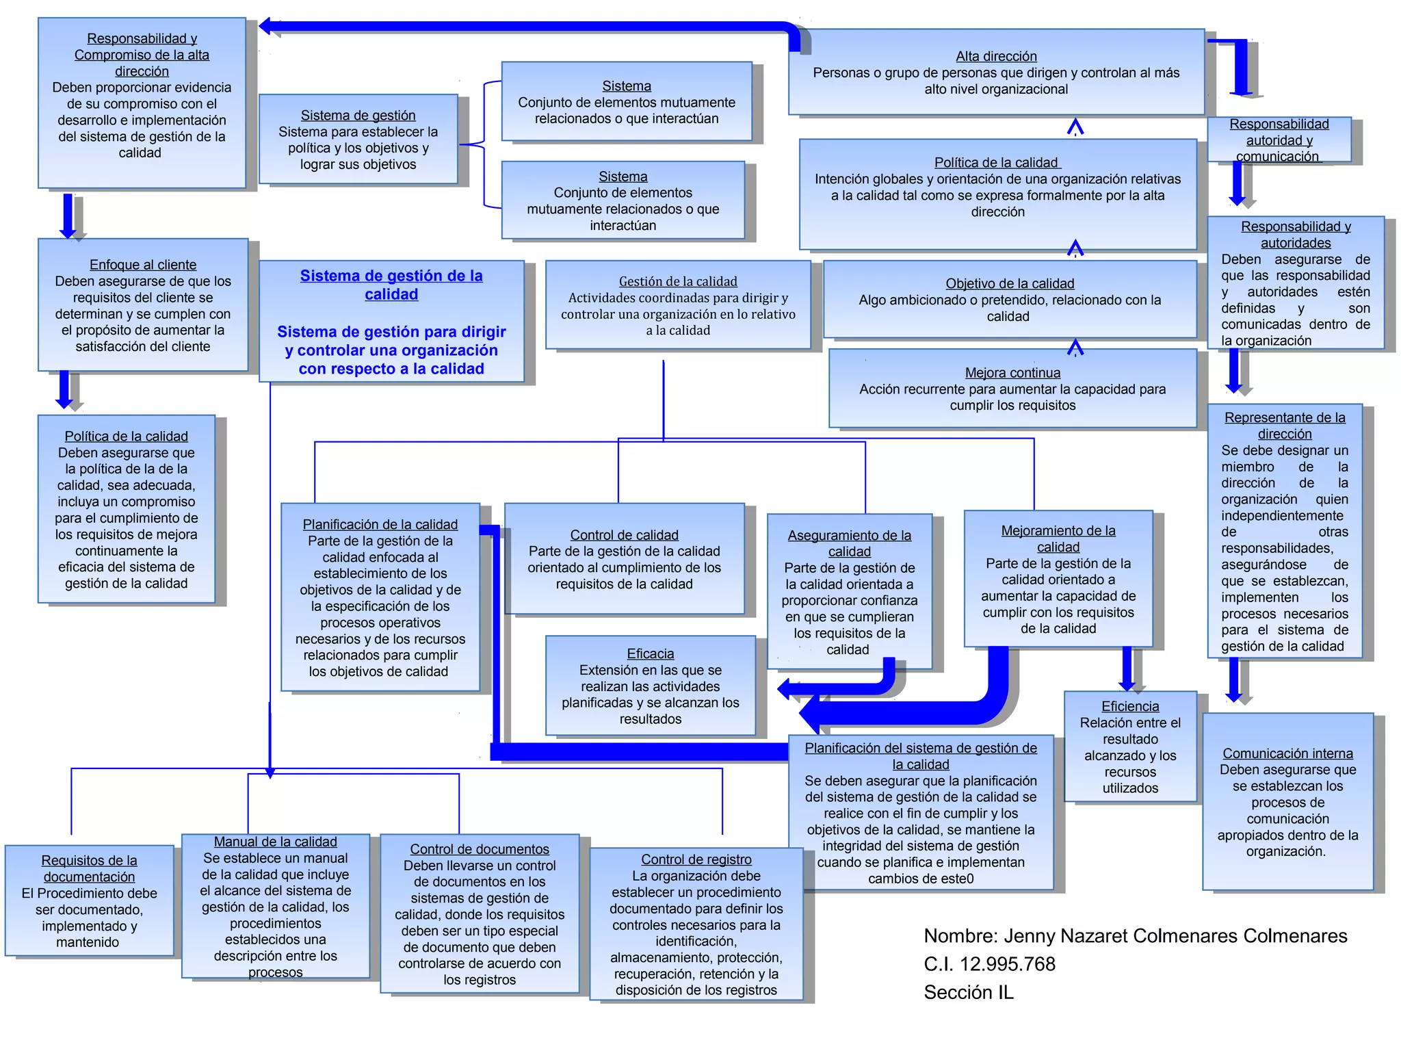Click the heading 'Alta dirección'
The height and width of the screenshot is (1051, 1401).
point(996,56)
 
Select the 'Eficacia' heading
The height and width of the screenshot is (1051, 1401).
point(650,653)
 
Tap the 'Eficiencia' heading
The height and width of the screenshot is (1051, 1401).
point(1130,706)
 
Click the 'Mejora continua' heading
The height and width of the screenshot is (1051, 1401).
point(1012,373)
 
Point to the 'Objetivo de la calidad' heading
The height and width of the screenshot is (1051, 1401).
point(1010,283)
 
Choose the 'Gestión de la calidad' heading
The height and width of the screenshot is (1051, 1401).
point(678,281)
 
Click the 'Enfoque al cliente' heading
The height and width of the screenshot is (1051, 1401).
point(143,265)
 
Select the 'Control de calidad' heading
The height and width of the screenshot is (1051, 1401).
point(624,535)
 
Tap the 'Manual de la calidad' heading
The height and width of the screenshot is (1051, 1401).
point(275,842)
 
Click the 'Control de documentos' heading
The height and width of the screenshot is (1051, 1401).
point(480,849)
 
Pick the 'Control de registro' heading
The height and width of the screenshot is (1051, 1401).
point(696,859)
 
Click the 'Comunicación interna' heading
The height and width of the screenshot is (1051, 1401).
point(1287,753)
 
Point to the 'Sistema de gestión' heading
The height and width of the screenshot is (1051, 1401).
point(358,116)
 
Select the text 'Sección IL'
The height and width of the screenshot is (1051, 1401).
point(969,992)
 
